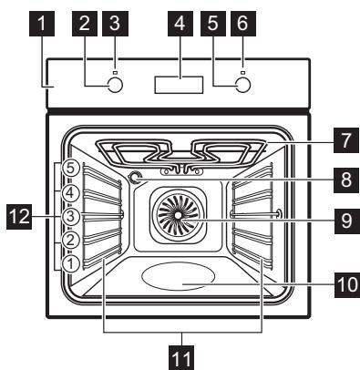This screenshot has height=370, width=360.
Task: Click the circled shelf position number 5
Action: (68, 169)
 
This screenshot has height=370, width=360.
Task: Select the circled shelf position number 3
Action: (68, 217)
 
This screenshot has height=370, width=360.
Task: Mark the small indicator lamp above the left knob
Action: (116, 65)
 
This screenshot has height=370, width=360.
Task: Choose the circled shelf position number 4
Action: (68, 192)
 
